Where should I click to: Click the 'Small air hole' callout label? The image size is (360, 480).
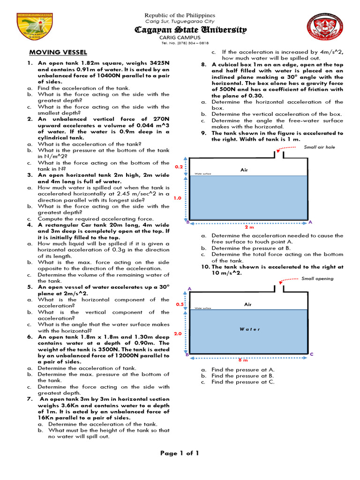319,147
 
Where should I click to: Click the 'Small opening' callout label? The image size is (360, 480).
317,278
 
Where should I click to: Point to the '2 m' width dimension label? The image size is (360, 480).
249,227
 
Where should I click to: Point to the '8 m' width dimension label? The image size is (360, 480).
243,360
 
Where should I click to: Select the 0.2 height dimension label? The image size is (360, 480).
178,167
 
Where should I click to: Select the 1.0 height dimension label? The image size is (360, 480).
178,198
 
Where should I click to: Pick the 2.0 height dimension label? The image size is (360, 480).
178,334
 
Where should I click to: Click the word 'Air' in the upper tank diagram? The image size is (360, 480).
244,170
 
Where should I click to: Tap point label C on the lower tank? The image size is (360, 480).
311,354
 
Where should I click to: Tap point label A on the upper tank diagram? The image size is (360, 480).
310,222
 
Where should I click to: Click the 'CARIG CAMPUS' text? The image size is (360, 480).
180,37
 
